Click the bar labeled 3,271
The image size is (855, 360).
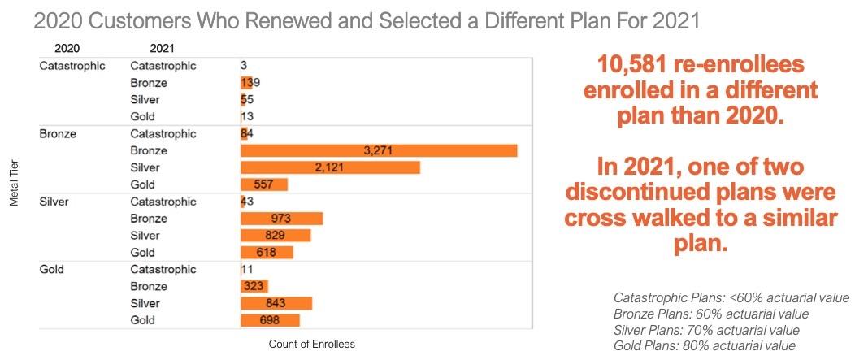[379, 150]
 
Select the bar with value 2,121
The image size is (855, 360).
[330, 167]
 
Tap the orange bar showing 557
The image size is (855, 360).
[264, 184]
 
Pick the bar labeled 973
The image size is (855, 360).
[281, 219]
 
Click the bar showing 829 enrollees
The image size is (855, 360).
[276, 236]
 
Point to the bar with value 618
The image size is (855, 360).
[267, 253]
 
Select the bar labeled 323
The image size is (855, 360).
[254, 286]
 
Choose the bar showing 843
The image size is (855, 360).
[276, 303]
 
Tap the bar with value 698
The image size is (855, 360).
[270, 320]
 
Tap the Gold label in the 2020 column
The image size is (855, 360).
[53, 269]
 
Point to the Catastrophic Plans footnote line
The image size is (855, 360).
[731, 297]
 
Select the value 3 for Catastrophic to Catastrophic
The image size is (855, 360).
[244, 65]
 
